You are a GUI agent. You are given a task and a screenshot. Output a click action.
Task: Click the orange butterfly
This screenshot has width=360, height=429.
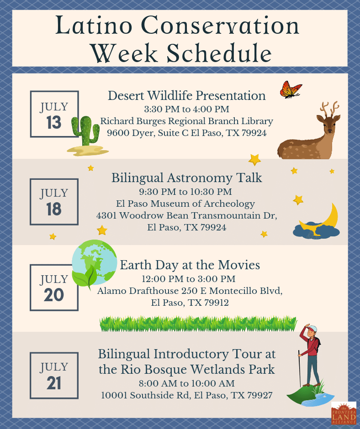(291, 89)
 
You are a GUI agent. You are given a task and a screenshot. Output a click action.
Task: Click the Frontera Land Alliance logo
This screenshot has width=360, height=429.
(343, 413)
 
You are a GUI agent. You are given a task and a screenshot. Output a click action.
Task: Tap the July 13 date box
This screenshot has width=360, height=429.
(54, 114)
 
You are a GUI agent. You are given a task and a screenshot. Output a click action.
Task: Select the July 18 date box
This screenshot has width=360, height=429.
(54, 201)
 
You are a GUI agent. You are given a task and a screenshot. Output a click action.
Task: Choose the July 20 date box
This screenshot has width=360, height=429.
(54, 288)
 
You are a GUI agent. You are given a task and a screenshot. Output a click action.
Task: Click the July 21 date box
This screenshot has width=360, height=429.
(54, 375)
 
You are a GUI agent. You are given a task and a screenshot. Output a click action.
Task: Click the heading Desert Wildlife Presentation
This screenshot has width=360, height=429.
(186, 96)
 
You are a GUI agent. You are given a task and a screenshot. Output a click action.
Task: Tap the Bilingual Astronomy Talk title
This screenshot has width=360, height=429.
(186, 178)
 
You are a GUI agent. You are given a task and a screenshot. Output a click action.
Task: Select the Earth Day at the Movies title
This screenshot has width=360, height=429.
(190, 265)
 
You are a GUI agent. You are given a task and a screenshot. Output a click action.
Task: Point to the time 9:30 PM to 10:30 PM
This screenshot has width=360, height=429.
(185, 192)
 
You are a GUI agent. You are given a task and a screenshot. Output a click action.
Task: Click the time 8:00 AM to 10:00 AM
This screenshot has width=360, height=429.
(186, 383)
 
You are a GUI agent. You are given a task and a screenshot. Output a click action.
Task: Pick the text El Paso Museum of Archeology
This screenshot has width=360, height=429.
(185, 204)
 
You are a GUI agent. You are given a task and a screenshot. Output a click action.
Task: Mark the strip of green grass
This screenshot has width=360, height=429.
(198, 324)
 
